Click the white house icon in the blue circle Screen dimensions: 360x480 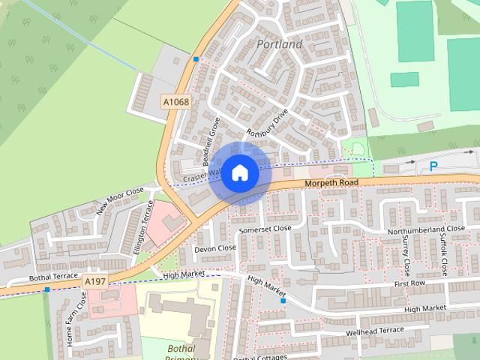(x=239, y=172)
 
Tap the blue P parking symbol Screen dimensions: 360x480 (x=433, y=166)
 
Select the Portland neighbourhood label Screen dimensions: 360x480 (x=279, y=44)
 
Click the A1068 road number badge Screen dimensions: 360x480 (x=176, y=101)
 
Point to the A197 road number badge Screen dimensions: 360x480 (x=95, y=280)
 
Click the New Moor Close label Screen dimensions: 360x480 (x=120, y=201)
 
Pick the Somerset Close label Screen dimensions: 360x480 (x=265, y=228)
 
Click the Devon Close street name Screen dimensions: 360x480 (x=215, y=247)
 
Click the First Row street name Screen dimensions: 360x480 (x=409, y=285)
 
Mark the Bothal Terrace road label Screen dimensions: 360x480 (x=53, y=277)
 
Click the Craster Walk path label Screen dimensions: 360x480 (x=199, y=175)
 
